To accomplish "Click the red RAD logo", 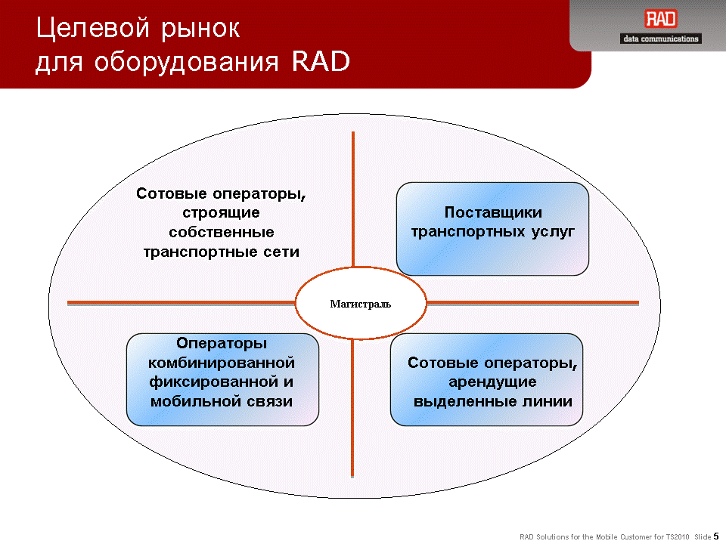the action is click(661, 19).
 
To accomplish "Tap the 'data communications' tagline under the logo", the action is click(661, 39).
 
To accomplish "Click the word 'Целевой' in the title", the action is click(92, 29).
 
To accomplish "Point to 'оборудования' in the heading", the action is click(187, 62).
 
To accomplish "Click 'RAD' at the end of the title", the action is click(321, 61).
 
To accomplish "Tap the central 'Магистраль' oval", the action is click(361, 304).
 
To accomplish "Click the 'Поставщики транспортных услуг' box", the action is click(492, 229).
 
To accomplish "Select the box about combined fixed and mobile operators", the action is click(222, 379).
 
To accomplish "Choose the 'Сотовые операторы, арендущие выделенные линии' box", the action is click(486, 379).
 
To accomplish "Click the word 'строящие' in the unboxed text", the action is click(222, 213).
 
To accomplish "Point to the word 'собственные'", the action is click(222, 232).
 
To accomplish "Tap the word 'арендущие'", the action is click(492, 382).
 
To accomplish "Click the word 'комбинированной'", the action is click(222, 363).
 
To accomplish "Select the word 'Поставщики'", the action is click(493, 212).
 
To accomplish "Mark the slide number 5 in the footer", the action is click(716, 536).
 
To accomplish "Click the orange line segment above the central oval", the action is click(353, 199).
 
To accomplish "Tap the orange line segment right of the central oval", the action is click(532, 304).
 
